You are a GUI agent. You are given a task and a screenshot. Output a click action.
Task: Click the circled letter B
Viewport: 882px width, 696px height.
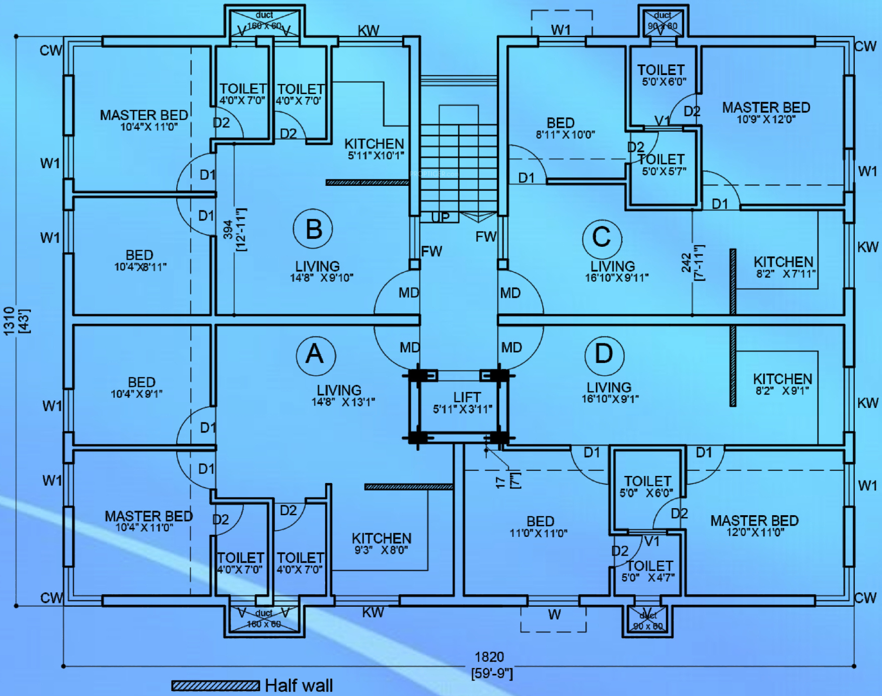(313, 229)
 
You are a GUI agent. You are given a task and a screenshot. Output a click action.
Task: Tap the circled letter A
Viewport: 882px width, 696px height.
(316, 355)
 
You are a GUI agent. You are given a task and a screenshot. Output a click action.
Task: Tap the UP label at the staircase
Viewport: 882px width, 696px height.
(440, 218)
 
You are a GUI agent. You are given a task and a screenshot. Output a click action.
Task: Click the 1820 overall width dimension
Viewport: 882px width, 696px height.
(489, 657)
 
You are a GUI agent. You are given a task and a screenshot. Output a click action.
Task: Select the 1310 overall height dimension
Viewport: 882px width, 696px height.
(9, 321)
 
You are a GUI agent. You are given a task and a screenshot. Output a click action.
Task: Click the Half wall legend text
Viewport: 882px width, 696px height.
(299, 685)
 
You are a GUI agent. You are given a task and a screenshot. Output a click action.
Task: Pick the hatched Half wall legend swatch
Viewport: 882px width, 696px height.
(215, 685)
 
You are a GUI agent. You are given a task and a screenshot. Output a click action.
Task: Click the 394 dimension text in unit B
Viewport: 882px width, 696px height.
(228, 229)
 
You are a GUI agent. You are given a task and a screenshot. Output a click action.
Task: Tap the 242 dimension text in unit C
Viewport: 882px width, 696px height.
(686, 263)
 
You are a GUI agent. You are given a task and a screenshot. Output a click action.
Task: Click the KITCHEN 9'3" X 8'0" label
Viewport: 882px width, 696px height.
(381, 543)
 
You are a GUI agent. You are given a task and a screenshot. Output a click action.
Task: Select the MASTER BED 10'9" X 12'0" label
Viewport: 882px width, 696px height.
(766, 112)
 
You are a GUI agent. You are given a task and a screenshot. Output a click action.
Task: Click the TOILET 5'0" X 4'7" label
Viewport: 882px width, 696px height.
(649, 571)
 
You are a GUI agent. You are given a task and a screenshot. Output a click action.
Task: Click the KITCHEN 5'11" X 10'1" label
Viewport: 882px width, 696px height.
(375, 149)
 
